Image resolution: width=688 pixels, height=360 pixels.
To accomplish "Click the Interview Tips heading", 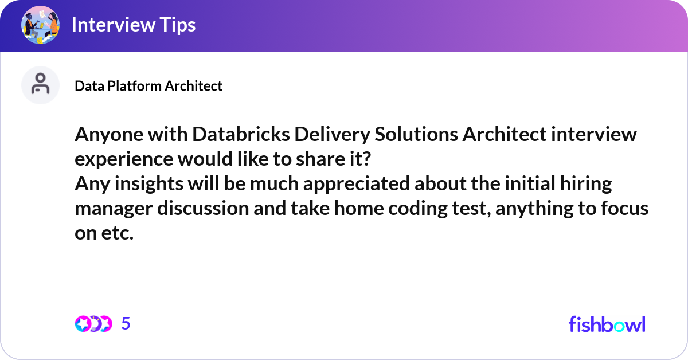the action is point(134,25).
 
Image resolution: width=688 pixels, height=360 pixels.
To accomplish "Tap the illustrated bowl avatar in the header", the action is point(40,25).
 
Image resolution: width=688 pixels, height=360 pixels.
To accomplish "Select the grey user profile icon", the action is point(40,85).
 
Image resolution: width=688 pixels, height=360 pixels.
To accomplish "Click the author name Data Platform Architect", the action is point(148,86).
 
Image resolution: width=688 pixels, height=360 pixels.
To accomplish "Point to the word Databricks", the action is point(241,135).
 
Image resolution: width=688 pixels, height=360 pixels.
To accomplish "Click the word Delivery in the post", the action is point(332,135).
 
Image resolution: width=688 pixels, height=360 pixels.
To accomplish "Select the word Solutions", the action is point(416,135).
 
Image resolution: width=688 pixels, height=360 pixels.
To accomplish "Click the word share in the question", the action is point(320,159).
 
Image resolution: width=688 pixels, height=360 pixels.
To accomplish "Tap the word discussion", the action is point(203,209).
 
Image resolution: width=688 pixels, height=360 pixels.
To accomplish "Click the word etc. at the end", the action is point(118,233).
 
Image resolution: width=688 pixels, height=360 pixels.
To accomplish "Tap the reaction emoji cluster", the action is point(93,324).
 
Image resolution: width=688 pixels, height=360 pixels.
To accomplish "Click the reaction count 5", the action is point(126,324).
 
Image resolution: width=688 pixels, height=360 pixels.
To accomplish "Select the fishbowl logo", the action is point(607,324).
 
